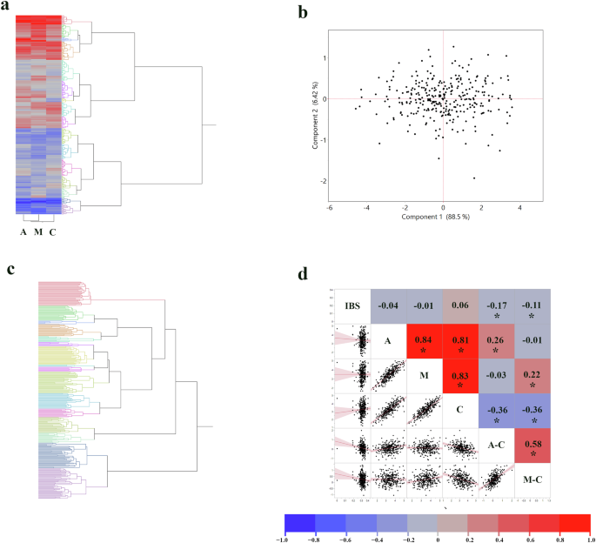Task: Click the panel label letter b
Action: coord(302,12)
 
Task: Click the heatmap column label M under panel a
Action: coord(37,231)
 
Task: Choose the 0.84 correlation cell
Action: coord(425,345)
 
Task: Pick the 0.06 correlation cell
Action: coord(460,304)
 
